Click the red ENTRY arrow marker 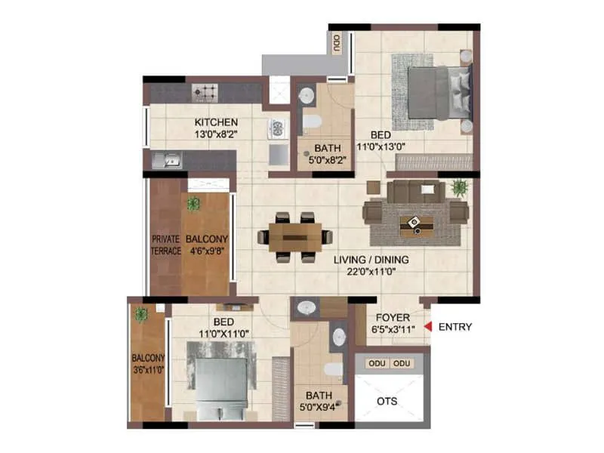(427, 327)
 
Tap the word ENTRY (455, 327)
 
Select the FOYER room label (393, 318)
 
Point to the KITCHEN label (216, 122)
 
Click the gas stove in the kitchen (205, 93)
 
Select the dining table (294, 237)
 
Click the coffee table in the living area (413, 221)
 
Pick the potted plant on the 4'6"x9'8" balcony (194, 203)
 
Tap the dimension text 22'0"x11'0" (371, 273)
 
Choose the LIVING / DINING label (371, 260)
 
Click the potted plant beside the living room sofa (458, 186)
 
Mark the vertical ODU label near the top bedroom (336, 43)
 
